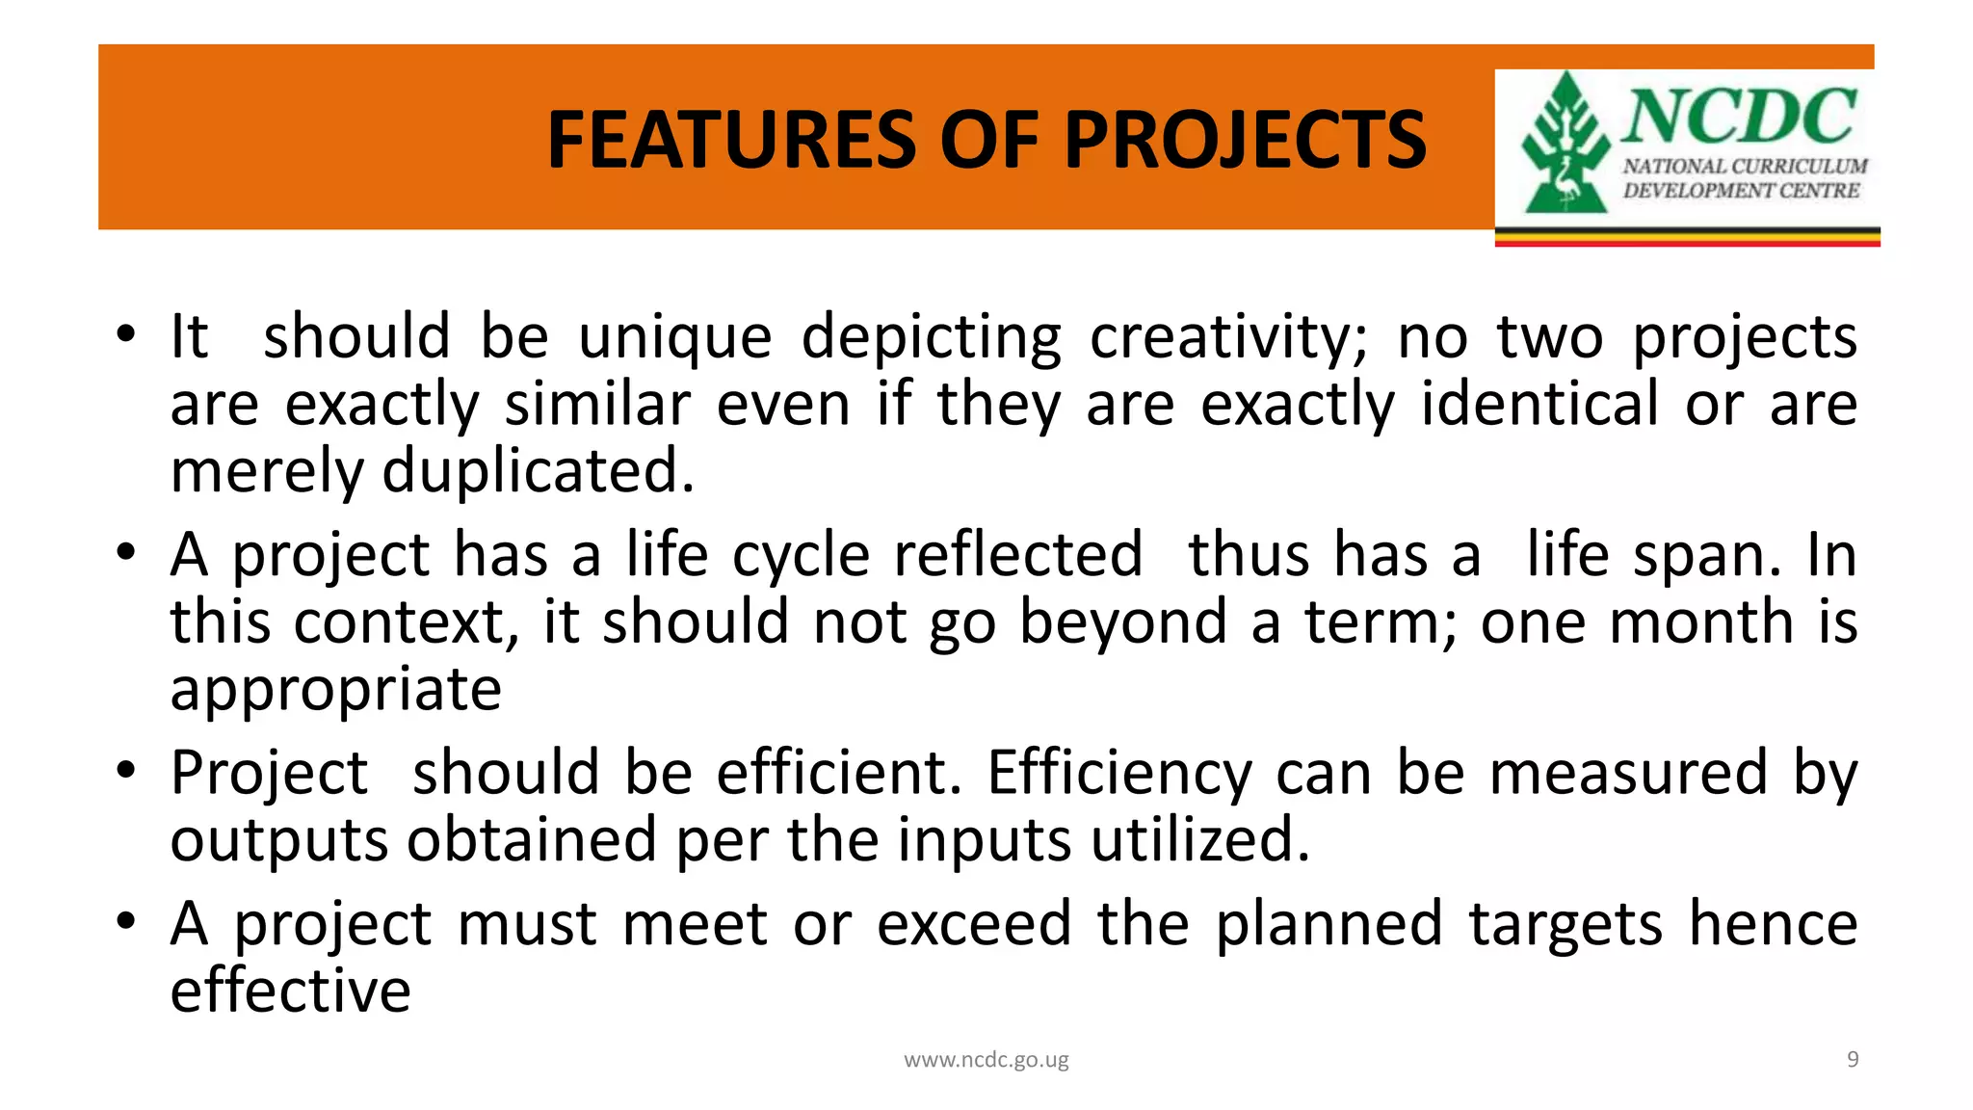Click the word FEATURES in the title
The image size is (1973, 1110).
click(731, 141)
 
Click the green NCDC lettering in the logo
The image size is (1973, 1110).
click(1740, 116)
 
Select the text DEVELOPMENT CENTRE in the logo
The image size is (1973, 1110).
click(1741, 191)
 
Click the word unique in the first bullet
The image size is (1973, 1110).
click(675, 337)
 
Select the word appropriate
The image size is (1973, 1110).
click(336, 690)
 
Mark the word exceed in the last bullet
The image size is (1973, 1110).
click(974, 924)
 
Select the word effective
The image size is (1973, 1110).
click(291, 991)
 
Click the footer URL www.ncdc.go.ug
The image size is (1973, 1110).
click(986, 1061)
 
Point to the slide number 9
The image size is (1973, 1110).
click(1852, 1060)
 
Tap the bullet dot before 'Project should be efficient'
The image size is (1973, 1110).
click(125, 771)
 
